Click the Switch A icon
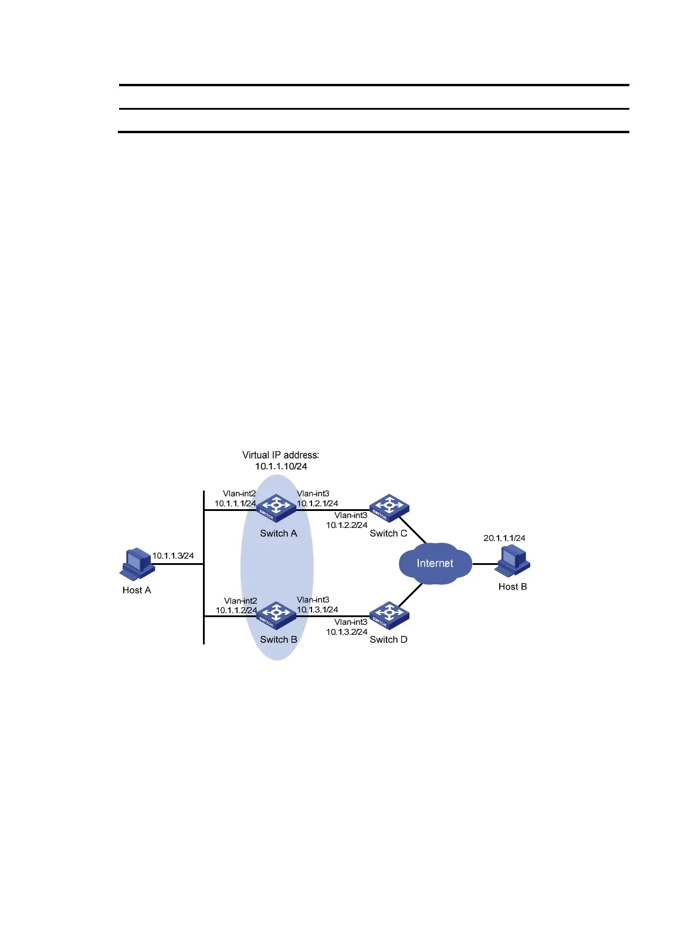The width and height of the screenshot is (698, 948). pos(276,507)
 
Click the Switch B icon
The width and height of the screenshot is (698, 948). pos(276,614)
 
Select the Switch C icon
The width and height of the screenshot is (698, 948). pos(388,507)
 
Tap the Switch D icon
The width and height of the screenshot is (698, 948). pos(388,614)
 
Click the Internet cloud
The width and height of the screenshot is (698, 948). pos(435,563)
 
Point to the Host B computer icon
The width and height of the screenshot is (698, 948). pos(513,561)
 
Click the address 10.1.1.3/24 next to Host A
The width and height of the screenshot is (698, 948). pos(173,556)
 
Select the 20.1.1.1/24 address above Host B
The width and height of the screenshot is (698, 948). pos(504,537)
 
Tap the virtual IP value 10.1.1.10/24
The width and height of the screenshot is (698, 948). pos(281,466)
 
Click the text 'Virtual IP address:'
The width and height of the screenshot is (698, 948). pos(280,455)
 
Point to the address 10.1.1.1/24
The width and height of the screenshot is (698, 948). pos(235,503)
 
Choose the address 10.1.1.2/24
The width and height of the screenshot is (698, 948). pos(236,610)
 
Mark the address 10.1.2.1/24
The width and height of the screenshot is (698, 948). pos(317,503)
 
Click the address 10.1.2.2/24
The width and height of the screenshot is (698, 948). pos(347,525)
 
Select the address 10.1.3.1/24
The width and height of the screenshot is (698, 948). pos(317,610)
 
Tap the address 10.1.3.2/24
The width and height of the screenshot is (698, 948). pos(347,632)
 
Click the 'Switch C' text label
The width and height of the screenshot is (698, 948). pos(388,533)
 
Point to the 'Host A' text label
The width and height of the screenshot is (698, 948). pos(137,590)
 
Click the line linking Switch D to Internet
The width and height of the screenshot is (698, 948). pos(411,595)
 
